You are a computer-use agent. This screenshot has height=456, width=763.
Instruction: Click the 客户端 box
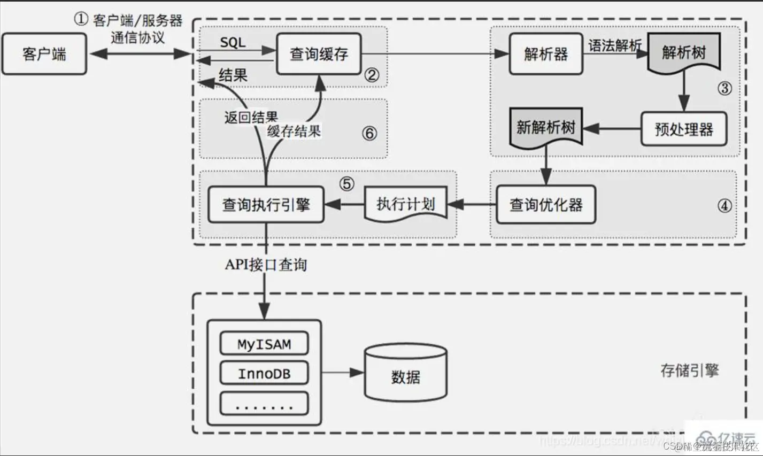44,54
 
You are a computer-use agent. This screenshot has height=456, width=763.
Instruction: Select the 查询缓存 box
319,54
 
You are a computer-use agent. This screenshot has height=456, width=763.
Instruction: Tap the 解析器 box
545,54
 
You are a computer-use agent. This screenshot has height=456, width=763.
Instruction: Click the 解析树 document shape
684,53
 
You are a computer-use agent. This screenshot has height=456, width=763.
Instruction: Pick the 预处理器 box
683,129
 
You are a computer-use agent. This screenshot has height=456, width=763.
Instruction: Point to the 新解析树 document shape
546,127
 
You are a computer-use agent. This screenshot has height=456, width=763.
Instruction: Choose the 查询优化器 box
545,205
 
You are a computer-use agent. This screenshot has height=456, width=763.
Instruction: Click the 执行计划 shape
405,204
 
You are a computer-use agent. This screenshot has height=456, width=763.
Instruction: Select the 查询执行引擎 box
266,205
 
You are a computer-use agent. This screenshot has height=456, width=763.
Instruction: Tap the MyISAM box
264,344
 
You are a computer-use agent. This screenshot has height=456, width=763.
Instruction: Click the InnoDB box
264,374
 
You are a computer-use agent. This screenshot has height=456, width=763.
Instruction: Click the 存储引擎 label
689,370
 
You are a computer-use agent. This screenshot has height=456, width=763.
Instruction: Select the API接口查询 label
266,265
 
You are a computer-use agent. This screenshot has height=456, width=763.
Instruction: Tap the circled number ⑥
369,133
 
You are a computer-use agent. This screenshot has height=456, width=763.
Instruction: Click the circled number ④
725,205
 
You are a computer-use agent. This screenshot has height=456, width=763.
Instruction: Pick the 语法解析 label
615,45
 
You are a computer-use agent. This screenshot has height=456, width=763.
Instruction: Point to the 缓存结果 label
294,131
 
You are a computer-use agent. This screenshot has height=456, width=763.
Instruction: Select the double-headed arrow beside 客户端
140,53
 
